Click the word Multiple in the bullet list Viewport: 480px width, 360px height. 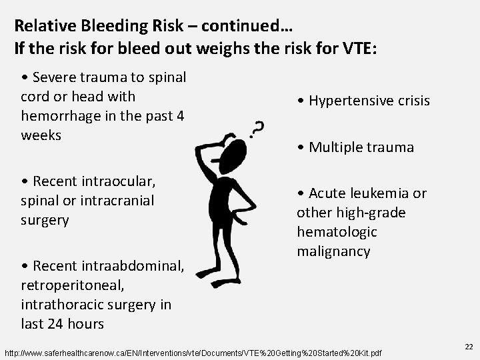pos(335,147)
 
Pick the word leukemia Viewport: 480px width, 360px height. pos(382,193)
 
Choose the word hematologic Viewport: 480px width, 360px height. pos(337,232)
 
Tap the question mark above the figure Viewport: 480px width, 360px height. pos(257,128)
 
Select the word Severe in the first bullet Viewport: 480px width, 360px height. pos(51,77)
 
